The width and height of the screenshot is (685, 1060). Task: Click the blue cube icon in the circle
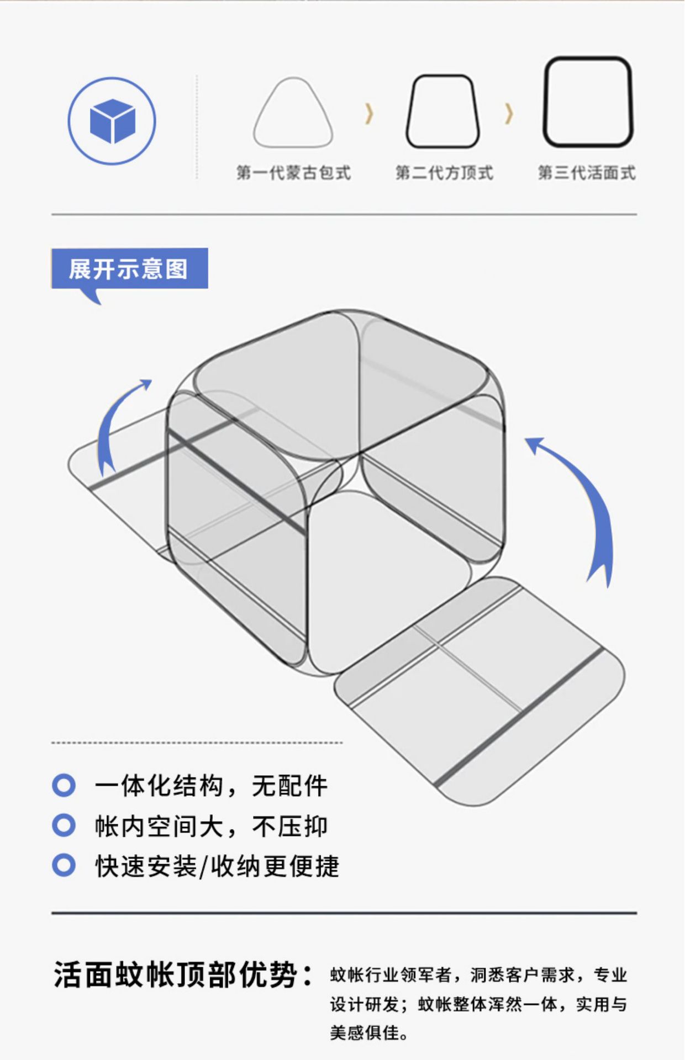pyautogui.click(x=112, y=121)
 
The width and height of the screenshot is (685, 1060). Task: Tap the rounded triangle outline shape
pyautogui.click(x=293, y=114)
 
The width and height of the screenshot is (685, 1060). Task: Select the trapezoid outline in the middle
pyautogui.click(x=442, y=112)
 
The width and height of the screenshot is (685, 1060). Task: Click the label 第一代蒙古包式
pyautogui.click(x=293, y=173)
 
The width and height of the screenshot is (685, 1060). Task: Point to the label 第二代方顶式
pyautogui.click(x=444, y=173)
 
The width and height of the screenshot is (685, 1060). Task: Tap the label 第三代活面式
pyautogui.click(x=587, y=173)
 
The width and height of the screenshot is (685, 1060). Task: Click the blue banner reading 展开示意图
pyautogui.click(x=129, y=269)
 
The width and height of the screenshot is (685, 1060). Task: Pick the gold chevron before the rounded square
pyautogui.click(x=509, y=114)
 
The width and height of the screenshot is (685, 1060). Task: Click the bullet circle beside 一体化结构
pyautogui.click(x=64, y=785)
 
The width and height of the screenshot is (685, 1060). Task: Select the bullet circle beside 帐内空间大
pyautogui.click(x=64, y=825)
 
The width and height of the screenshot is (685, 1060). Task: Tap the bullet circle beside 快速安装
pyautogui.click(x=64, y=865)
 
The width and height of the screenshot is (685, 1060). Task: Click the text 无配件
pyautogui.click(x=289, y=786)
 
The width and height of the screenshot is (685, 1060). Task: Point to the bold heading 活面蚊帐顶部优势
pyautogui.click(x=182, y=974)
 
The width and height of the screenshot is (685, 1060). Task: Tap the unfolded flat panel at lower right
pyautogui.click(x=479, y=690)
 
